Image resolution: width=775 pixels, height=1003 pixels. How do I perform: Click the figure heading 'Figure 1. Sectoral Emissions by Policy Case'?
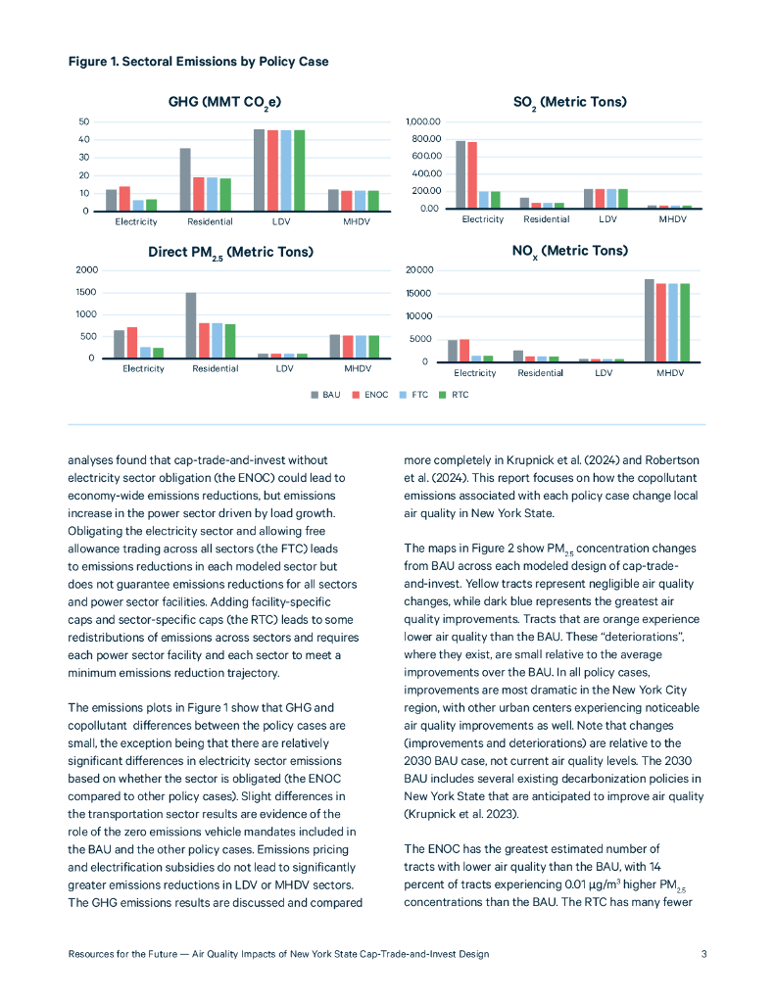198,62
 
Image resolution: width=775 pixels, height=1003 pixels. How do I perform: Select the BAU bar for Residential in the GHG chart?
185,179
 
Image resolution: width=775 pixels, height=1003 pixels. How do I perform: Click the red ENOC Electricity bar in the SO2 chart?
472,175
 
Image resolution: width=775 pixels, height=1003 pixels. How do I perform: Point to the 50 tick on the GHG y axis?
84,121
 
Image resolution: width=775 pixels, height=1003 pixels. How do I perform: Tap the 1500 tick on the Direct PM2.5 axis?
86,292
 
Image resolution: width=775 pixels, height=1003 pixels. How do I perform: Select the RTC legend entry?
454,395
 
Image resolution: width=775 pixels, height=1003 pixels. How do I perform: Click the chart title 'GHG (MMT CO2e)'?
226,102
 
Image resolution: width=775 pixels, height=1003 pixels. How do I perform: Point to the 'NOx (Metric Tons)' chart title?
569,252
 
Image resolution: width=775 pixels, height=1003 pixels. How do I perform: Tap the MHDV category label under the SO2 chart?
672,219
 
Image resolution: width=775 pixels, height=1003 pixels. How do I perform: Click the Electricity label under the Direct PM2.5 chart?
143,369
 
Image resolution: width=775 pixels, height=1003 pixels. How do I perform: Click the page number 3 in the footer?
704,953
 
